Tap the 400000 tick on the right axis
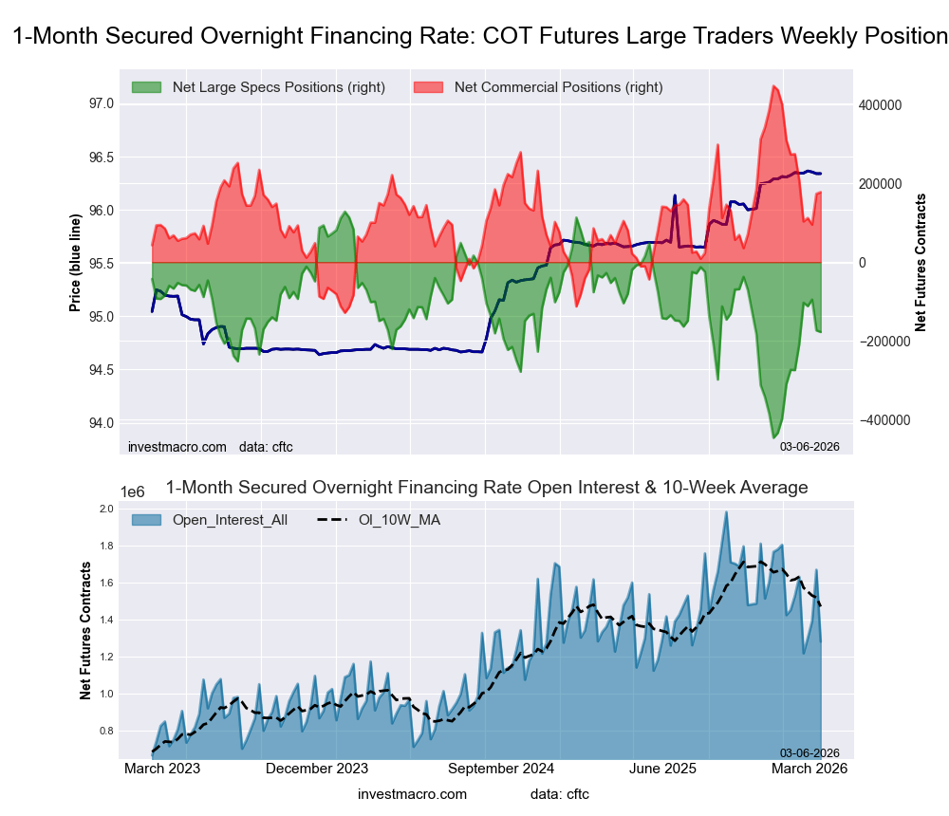point(881,104)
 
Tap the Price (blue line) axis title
point(76,263)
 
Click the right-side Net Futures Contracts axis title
point(920,263)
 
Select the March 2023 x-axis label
point(162,770)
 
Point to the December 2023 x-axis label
point(317,770)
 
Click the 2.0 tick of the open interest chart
point(106,510)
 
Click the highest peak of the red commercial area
point(774,86)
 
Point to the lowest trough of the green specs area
point(774,437)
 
